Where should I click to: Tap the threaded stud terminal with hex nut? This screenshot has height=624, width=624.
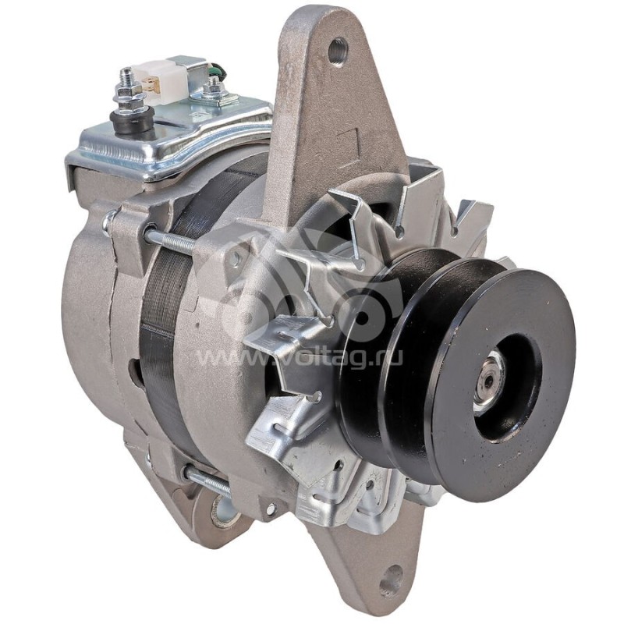point(124,87)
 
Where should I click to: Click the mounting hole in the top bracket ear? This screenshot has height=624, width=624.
point(337,51)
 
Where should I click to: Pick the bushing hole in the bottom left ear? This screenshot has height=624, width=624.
point(223,511)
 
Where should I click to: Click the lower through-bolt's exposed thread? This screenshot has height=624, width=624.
point(207,481)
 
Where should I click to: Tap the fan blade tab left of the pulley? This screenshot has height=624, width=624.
point(281,343)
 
